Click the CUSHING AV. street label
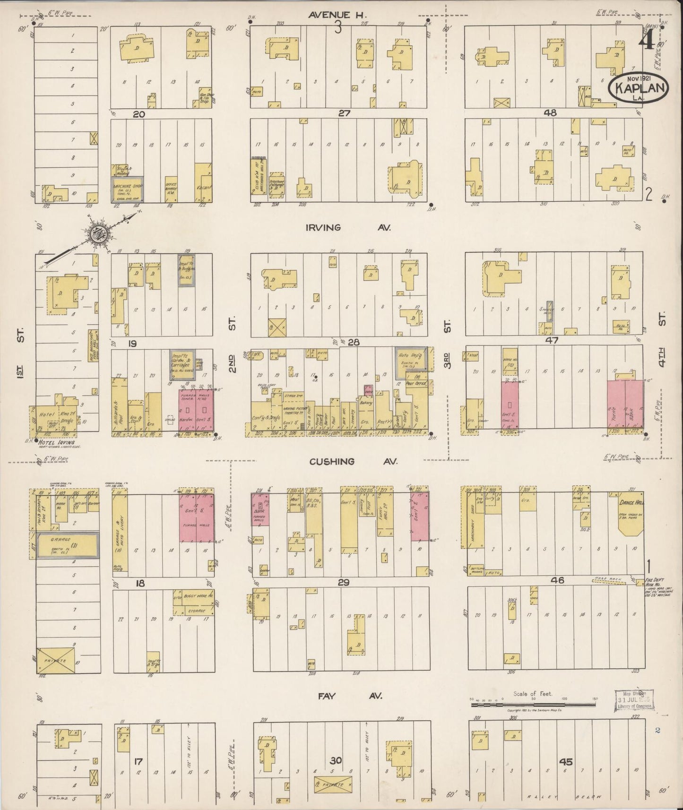click(x=353, y=461)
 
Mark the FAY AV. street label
click(x=349, y=696)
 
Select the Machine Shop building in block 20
click(x=128, y=189)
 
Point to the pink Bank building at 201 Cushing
click(x=259, y=509)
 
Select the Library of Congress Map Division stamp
click(x=633, y=700)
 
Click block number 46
click(x=558, y=580)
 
